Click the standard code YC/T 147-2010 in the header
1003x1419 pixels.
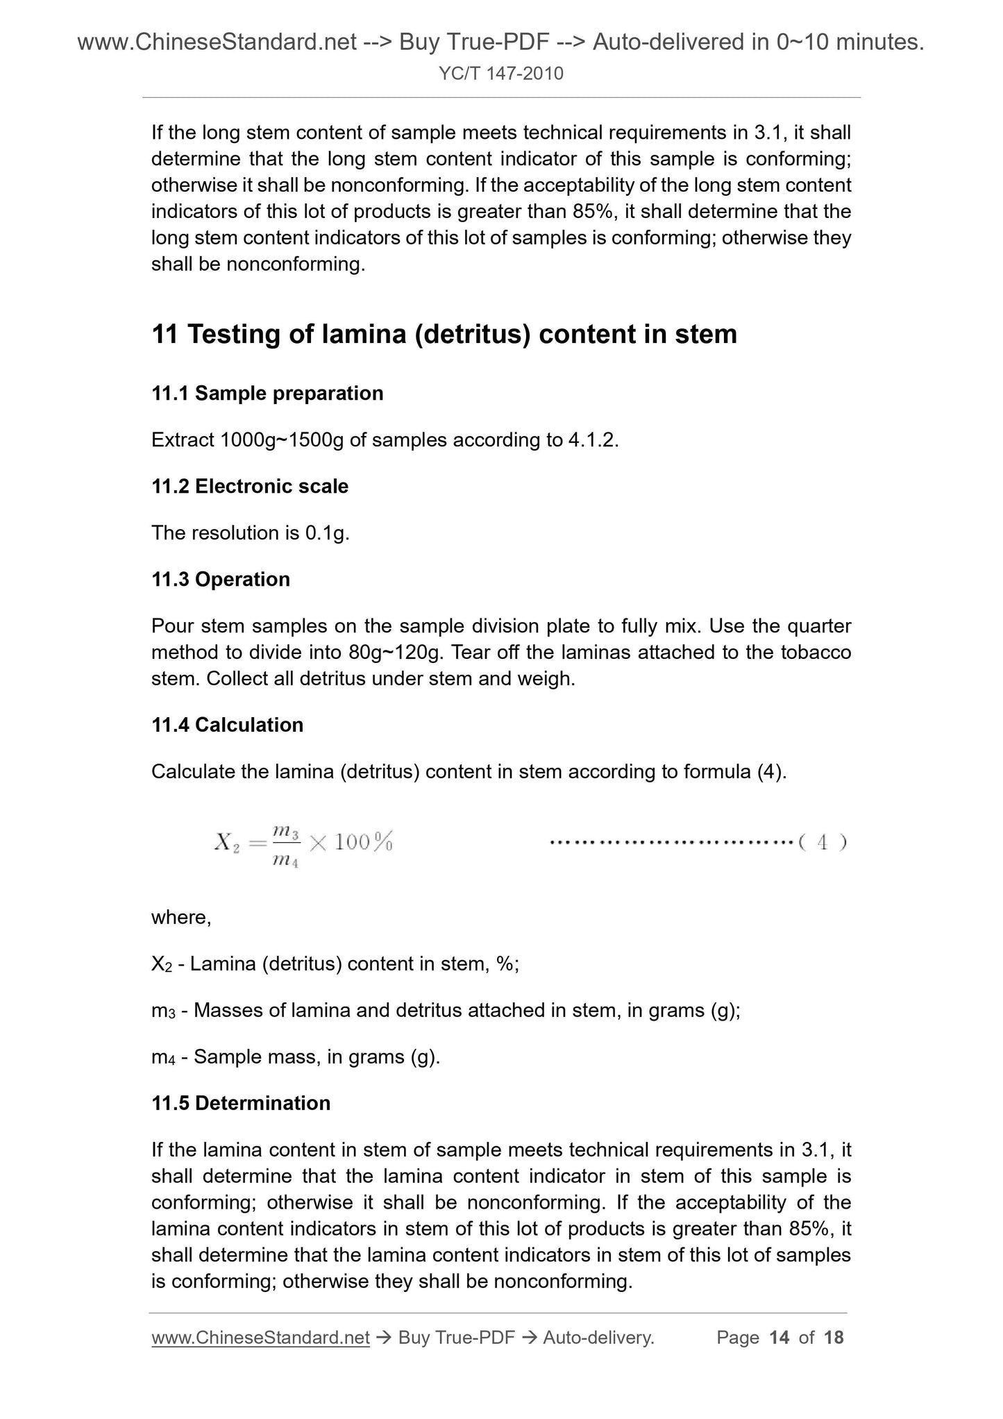pos(501,73)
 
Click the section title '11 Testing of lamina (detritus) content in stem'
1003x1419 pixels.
pos(444,335)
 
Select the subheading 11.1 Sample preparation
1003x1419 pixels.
pos(267,394)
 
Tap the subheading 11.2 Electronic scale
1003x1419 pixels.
pos(250,486)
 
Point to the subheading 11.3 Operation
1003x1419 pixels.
pos(221,579)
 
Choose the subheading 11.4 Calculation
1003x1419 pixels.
pos(227,725)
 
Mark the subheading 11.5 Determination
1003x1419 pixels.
pos(241,1103)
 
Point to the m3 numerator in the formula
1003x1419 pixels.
pos(285,831)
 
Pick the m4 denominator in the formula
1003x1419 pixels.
pos(285,862)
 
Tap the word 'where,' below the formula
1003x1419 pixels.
pos(181,918)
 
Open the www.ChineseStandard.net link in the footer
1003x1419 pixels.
pos(260,1338)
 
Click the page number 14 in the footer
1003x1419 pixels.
pos(779,1338)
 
